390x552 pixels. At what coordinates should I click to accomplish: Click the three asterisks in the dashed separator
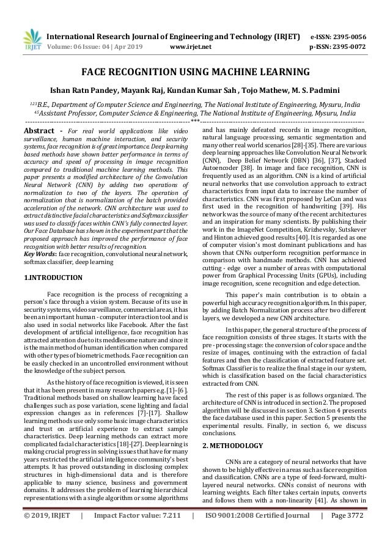(195, 122)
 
